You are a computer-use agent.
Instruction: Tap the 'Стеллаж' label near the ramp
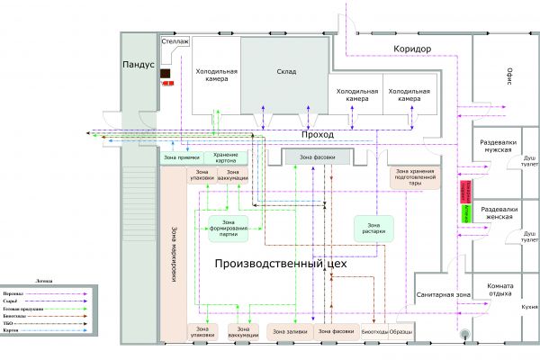175,41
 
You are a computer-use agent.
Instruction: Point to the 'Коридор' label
413,49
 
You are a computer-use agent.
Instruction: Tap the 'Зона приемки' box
181,157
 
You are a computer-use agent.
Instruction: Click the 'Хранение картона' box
226,157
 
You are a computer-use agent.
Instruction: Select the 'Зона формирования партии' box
228,229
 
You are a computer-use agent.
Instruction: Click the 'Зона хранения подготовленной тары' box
415,177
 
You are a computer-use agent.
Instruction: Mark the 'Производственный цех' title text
280,266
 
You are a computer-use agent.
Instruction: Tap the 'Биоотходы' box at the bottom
375,332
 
